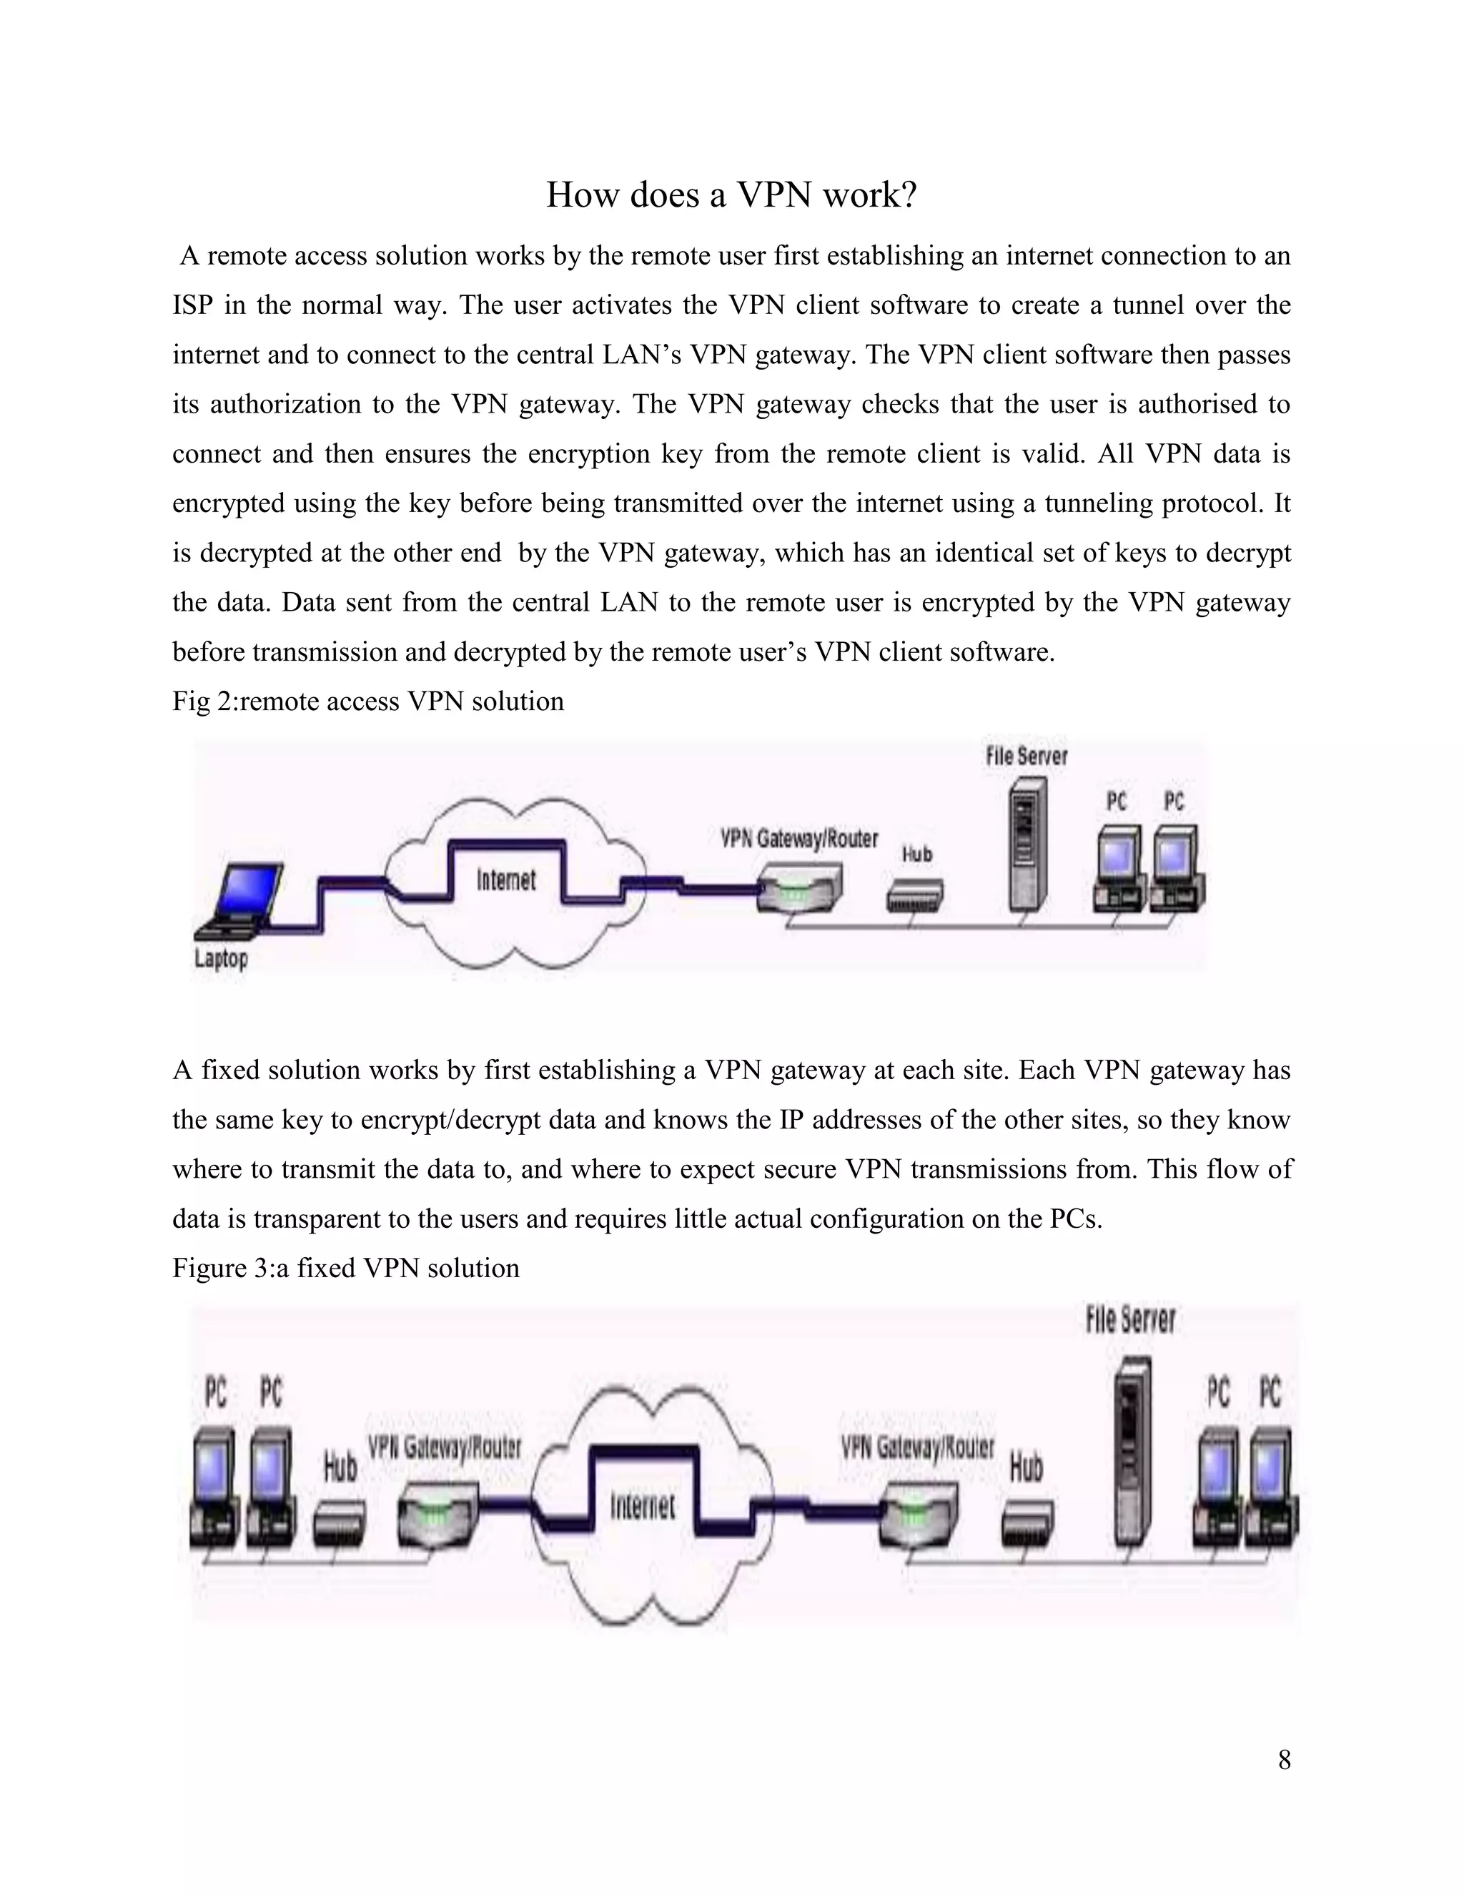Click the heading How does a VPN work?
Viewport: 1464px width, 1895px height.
[x=731, y=195]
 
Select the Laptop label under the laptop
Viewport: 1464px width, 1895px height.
[x=221, y=959]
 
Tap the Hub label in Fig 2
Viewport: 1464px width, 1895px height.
[x=916, y=854]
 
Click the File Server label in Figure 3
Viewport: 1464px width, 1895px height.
[x=1130, y=1320]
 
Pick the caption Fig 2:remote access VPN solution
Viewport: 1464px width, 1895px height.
[x=367, y=701]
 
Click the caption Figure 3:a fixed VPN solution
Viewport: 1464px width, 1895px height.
[x=346, y=1269]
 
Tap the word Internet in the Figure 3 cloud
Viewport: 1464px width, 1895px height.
[x=642, y=1505]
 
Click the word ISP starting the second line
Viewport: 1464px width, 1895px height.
[x=188, y=305]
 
